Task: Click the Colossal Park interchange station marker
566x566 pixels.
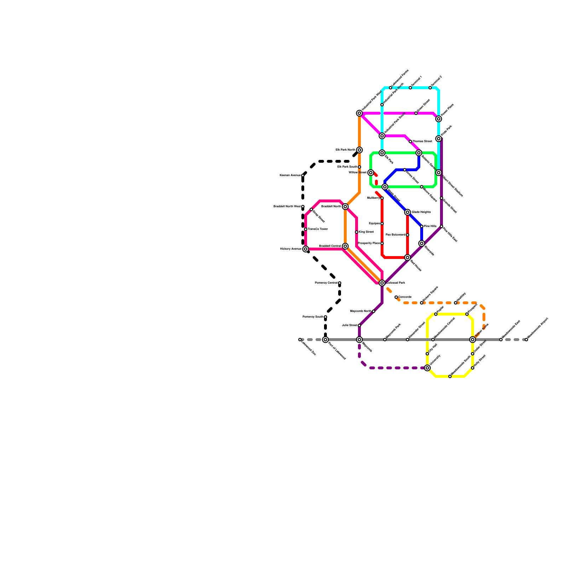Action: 382,283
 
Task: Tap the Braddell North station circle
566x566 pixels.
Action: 345,207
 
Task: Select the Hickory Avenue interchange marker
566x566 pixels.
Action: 306,249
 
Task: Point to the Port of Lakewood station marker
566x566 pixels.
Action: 325,340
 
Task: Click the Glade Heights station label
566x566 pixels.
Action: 421,212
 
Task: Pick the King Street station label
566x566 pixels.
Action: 366,232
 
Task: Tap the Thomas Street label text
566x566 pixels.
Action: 422,141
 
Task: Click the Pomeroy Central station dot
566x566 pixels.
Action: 340,283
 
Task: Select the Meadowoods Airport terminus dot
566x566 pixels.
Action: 526,340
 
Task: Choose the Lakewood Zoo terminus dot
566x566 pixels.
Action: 300,340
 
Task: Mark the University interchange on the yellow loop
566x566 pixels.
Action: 427,368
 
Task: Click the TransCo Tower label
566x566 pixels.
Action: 318,229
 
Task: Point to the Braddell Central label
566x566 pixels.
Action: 330,246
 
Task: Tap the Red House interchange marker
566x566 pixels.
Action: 408,258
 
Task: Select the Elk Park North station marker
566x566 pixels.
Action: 359,150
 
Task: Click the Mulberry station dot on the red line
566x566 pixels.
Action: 382,198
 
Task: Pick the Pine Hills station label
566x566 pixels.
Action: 430,226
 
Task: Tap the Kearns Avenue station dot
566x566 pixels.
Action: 303,175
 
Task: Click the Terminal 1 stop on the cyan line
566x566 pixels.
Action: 410,88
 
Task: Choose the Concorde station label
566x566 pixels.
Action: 405,297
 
